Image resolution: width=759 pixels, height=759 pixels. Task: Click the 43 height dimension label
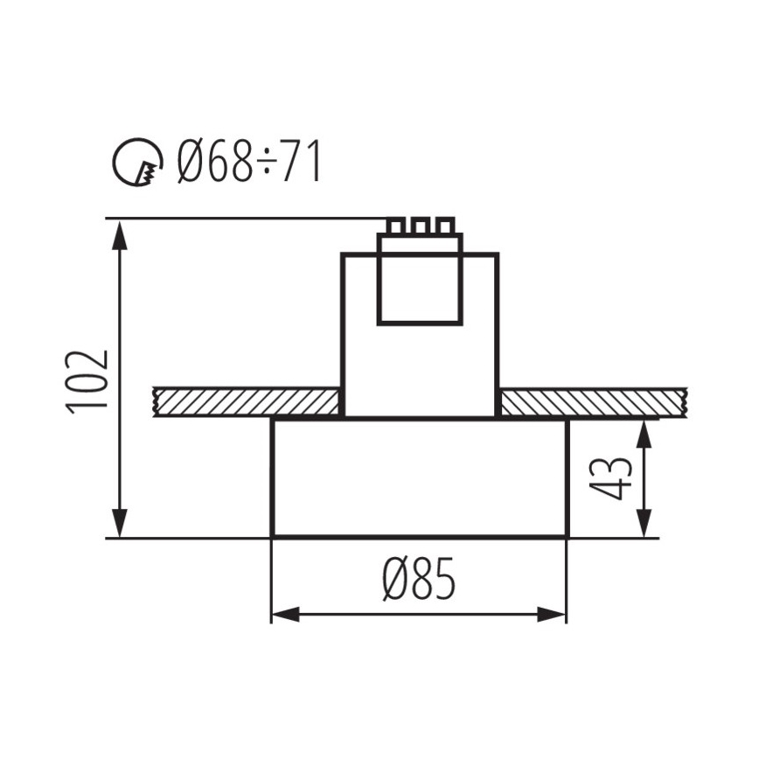coord(611,477)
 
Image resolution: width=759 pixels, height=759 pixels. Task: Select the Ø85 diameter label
coord(419,579)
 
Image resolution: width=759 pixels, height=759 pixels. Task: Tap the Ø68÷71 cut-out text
coord(248,162)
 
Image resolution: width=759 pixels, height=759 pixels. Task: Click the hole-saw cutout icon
coord(138,162)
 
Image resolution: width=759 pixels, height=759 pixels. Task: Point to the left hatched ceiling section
coord(246,402)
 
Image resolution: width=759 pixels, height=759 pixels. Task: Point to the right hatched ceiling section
coord(591,402)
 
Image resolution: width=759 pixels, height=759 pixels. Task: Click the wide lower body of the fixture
coord(420,477)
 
